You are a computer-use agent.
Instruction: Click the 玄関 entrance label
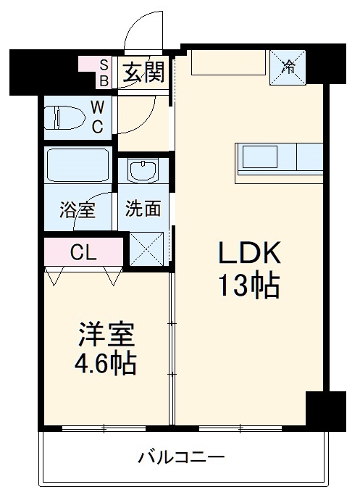(x=143, y=72)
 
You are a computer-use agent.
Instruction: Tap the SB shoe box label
(x=104, y=72)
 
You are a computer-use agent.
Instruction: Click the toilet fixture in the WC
(x=62, y=117)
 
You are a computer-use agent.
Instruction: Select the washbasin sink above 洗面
(x=143, y=173)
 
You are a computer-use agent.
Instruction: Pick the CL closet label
(x=83, y=252)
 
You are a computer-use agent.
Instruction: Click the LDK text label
(x=249, y=253)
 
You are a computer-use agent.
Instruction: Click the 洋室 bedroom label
(x=106, y=334)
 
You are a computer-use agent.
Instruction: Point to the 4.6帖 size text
(x=106, y=362)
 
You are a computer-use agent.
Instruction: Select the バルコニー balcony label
(x=181, y=457)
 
